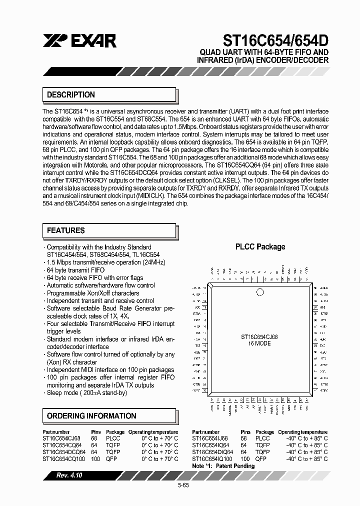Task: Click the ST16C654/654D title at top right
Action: point(269,40)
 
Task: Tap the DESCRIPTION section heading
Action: point(71,94)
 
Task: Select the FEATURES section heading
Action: point(66,230)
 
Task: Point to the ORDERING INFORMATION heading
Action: point(91,416)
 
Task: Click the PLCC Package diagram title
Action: point(260,246)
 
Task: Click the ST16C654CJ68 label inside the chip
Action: point(259,337)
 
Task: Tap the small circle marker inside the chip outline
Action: point(259,292)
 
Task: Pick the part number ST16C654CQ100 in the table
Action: point(64,458)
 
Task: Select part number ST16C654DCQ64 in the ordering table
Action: point(64,451)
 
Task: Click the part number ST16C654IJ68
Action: point(211,438)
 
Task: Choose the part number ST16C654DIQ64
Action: point(212,451)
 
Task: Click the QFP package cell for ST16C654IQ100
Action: point(260,458)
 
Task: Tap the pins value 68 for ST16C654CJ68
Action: point(94,438)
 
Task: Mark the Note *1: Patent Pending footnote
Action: point(223,465)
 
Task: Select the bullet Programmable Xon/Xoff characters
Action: point(92,293)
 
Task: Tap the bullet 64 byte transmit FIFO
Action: point(75,270)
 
